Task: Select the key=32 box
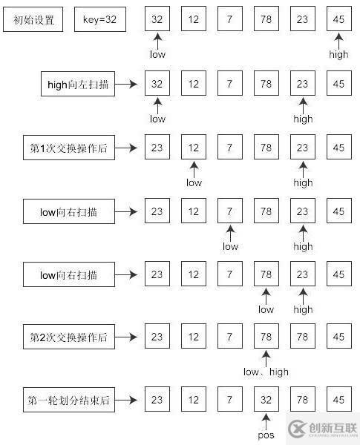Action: pos(99,21)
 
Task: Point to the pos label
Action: pos(266,435)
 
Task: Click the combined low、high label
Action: pos(266,372)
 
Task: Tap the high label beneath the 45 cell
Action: pos(338,54)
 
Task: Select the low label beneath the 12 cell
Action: pos(194,182)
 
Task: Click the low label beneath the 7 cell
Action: pos(230,246)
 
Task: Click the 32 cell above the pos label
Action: pos(266,401)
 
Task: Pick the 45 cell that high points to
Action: pos(338,21)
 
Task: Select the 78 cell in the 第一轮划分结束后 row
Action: pos(302,401)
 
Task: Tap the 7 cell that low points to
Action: pos(230,211)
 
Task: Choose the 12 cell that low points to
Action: pos(194,148)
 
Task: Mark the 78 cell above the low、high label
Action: pos(266,337)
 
